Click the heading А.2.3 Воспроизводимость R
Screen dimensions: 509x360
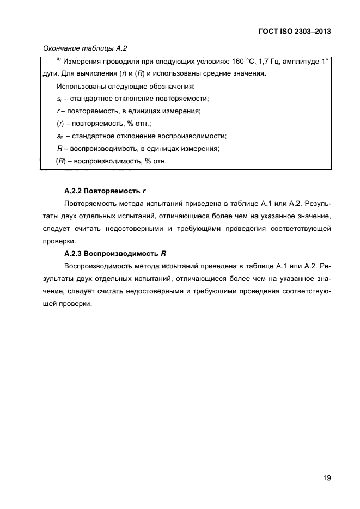(112, 254)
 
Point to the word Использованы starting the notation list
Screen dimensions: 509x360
(80, 87)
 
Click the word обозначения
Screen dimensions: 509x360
(172, 87)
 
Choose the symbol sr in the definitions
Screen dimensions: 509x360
(59, 99)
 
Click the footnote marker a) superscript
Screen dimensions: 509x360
(58, 59)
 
